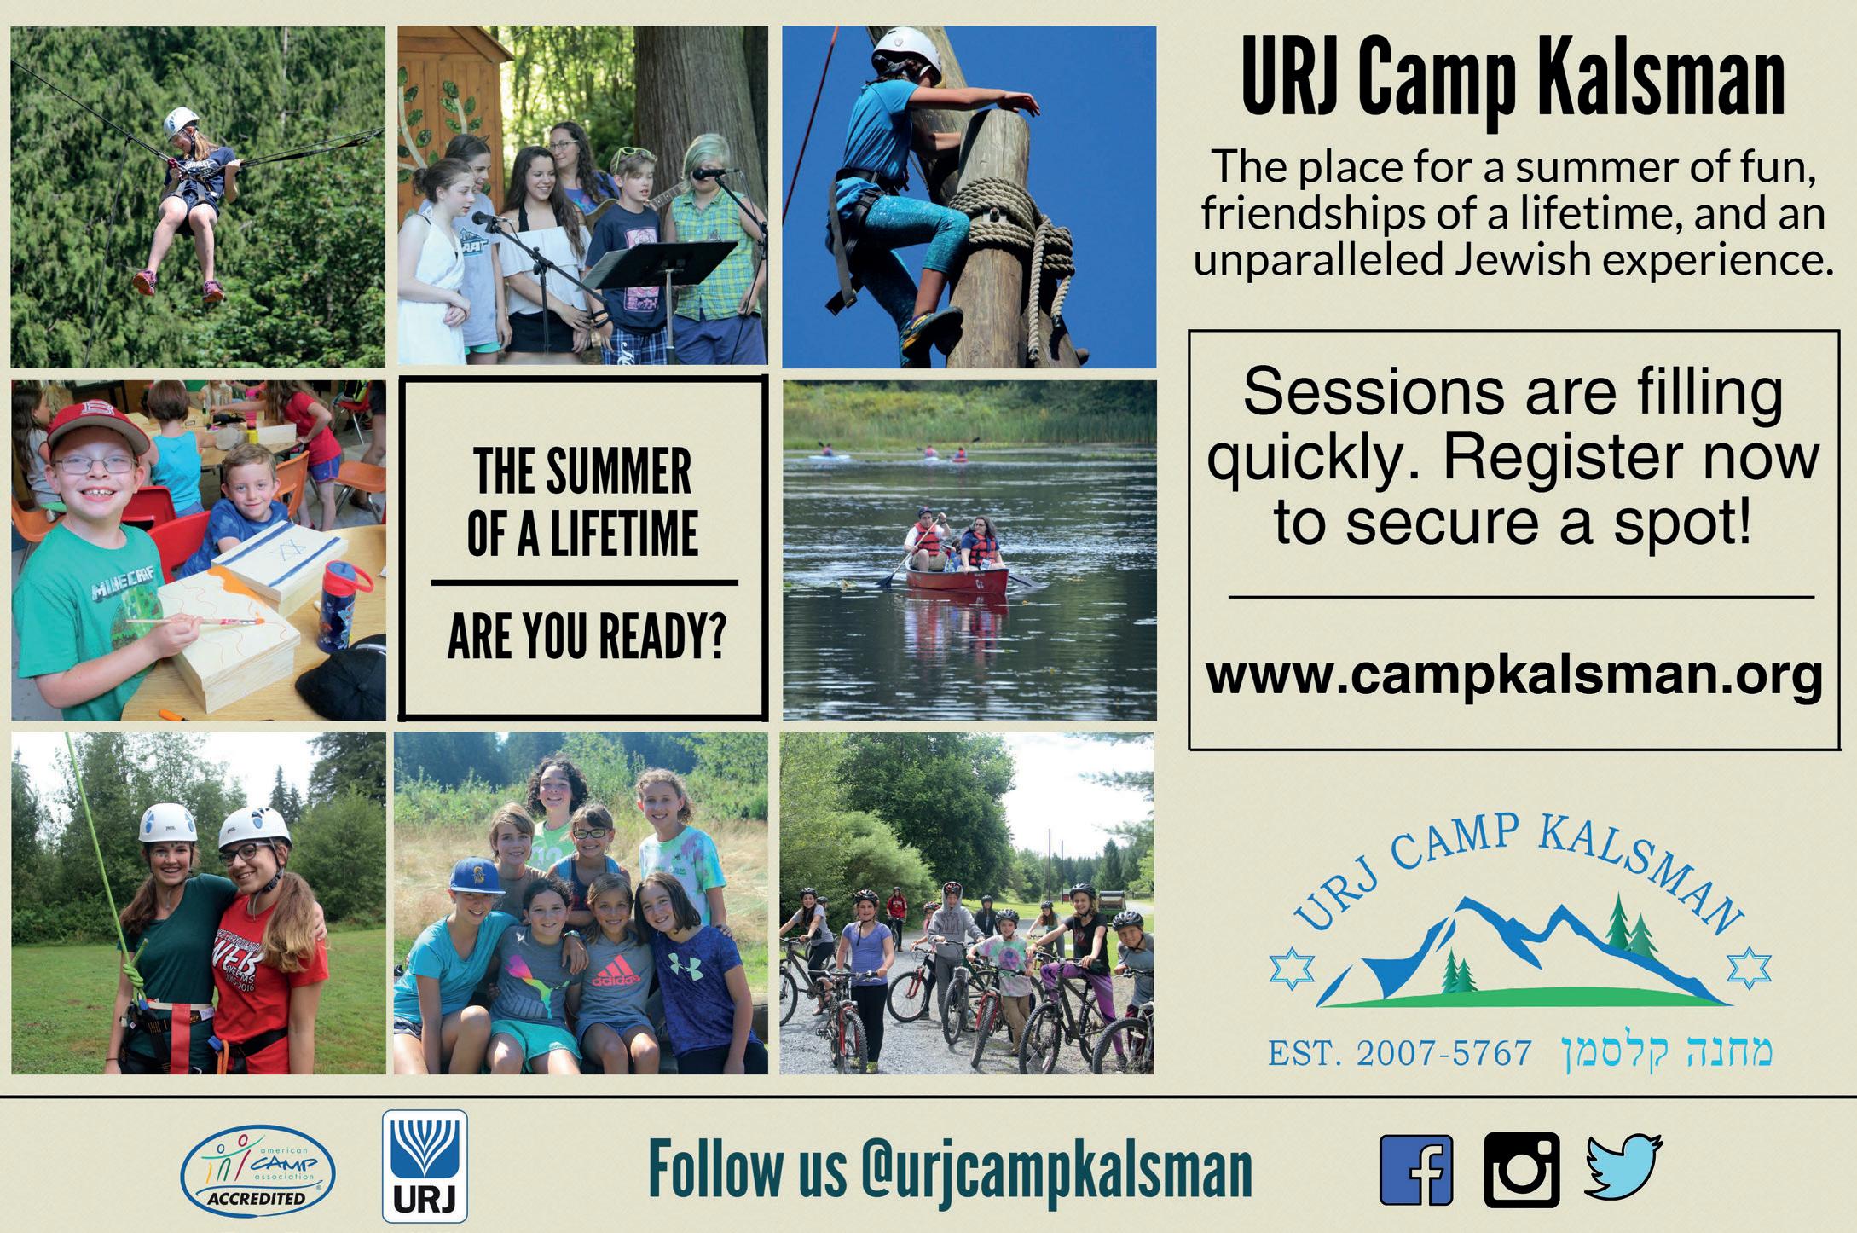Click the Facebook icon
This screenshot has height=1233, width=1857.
1416,1171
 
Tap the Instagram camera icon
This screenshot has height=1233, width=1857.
1522,1170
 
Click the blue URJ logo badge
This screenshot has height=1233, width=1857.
424,1166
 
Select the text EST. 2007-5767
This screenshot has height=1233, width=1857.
1400,1053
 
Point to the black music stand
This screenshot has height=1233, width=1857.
661,264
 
